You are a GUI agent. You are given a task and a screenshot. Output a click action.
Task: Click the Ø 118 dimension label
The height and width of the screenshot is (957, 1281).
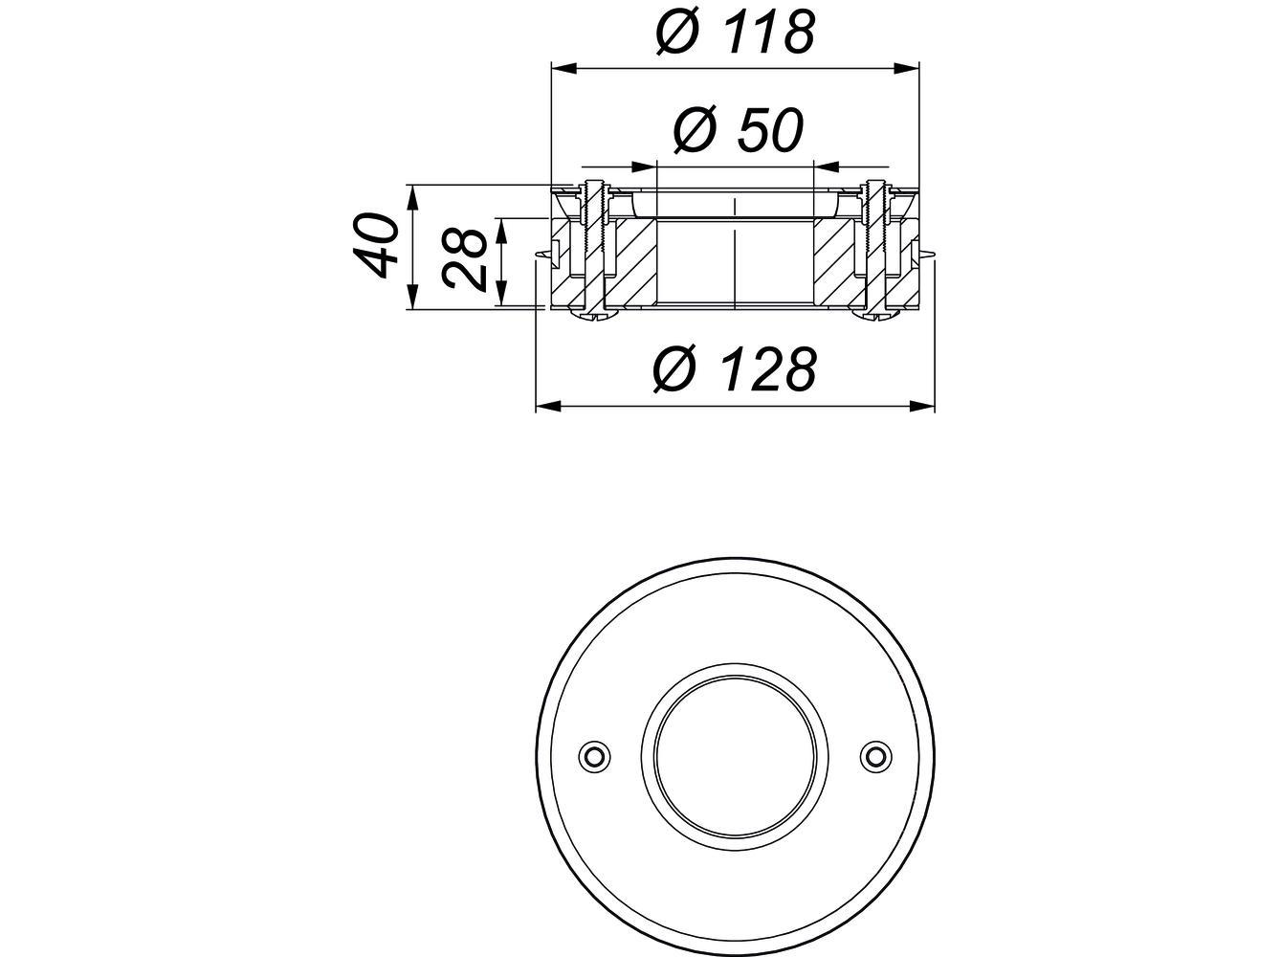[x=735, y=32]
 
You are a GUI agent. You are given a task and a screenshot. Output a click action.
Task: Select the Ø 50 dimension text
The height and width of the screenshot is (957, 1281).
[x=736, y=130]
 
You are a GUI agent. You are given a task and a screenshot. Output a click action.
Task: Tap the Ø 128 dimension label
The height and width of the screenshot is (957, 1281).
[x=735, y=369]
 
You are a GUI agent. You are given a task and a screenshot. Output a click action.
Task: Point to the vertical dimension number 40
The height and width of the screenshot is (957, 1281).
[x=375, y=246]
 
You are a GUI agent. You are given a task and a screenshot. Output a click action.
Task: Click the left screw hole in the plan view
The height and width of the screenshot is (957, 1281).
[x=594, y=755]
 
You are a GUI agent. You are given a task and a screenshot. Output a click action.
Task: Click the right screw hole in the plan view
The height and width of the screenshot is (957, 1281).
[x=872, y=755]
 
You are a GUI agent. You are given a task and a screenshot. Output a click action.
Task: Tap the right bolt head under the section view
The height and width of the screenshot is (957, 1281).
[x=874, y=314]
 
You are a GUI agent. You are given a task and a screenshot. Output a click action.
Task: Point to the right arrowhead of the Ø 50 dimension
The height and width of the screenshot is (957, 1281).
[x=824, y=164]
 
